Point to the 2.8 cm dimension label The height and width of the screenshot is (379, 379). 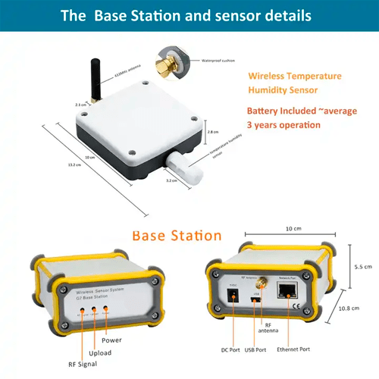click(213, 131)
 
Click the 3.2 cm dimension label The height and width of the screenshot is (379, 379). click(172, 181)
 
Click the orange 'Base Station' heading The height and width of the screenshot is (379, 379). click(177, 236)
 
